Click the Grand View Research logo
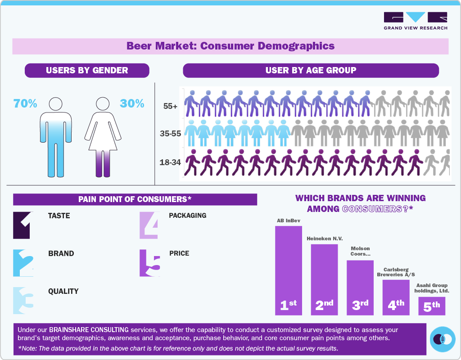point(415,21)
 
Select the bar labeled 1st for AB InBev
point(288,270)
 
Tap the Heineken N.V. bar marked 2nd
point(324,279)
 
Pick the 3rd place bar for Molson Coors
point(360,287)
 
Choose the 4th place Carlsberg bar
point(396,297)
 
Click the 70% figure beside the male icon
point(25,103)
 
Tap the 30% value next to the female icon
point(132,103)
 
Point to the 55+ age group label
point(170,107)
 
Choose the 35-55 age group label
point(170,134)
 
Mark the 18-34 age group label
point(170,162)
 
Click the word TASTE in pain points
point(59,216)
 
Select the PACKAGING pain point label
point(187,216)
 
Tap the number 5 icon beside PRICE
point(149,263)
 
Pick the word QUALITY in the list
point(63,291)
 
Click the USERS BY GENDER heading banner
point(87,70)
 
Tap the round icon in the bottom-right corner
point(443,339)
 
